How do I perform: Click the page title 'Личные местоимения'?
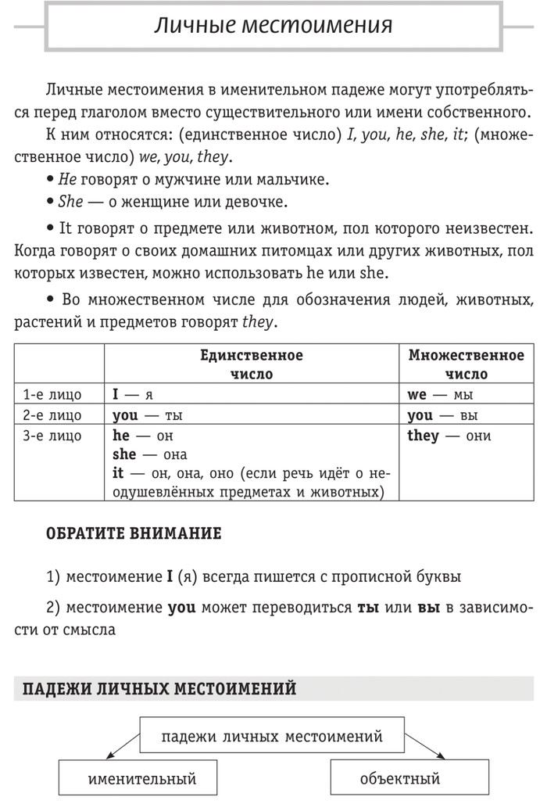click(x=272, y=27)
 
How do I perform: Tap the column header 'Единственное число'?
click(x=251, y=364)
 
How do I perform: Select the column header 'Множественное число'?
click(x=466, y=364)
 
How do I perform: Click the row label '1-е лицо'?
click(x=52, y=395)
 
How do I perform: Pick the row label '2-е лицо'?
click(x=52, y=415)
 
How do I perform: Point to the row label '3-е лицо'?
click(x=52, y=436)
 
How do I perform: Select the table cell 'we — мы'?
click(x=440, y=395)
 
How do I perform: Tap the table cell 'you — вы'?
click(x=442, y=415)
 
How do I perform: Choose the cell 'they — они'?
click(x=449, y=436)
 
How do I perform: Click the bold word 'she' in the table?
click(x=123, y=454)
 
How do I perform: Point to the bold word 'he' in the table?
click(x=120, y=436)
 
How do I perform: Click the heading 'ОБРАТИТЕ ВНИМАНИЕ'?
click(x=134, y=534)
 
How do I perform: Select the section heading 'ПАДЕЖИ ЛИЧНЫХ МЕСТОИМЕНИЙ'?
click(x=159, y=689)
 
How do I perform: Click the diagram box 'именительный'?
click(x=141, y=779)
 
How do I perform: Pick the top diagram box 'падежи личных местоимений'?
click(x=272, y=736)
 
